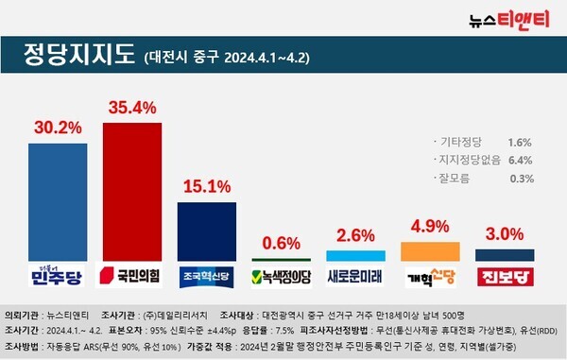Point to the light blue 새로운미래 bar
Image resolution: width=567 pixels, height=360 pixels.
pyautogui.click(x=355, y=255)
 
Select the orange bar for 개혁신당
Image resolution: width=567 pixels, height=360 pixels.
pyautogui.click(x=431, y=250)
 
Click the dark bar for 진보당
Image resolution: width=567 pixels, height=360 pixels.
pyautogui.click(x=504, y=254)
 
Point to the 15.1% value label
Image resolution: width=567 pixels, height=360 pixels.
pyautogui.click(x=206, y=185)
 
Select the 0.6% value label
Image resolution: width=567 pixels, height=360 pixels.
pyautogui.click(x=281, y=242)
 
